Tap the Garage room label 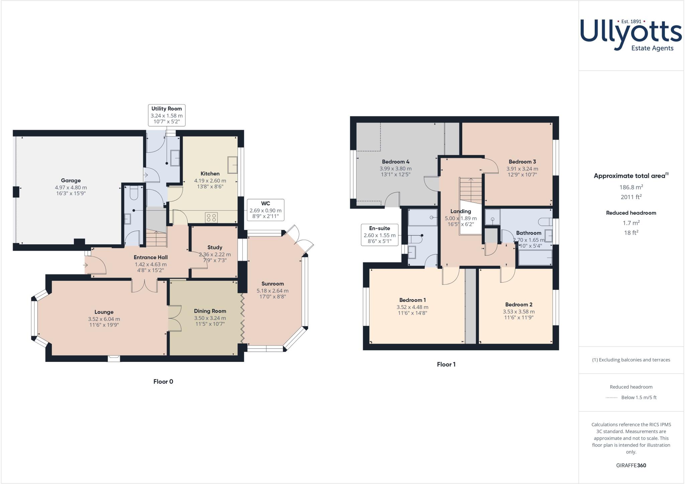click(x=71, y=180)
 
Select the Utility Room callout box click(x=167, y=115)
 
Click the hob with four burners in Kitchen click(x=211, y=218)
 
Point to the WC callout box click(x=266, y=210)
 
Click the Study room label click(x=215, y=247)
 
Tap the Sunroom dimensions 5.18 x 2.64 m click(x=272, y=291)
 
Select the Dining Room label click(x=210, y=311)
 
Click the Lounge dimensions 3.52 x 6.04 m click(x=104, y=319)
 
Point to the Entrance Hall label click(x=151, y=257)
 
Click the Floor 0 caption click(x=163, y=382)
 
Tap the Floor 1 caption click(x=446, y=365)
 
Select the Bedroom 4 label click(x=395, y=162)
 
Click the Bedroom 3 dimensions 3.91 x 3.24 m click(x=522, y=169)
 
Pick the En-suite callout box click(x=380, y=235)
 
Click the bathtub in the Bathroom click(x=535, y=258)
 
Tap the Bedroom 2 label click(x=519, y=304)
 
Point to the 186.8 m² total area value click(x=631, y=187)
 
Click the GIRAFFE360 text click(x=631, y=465)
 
